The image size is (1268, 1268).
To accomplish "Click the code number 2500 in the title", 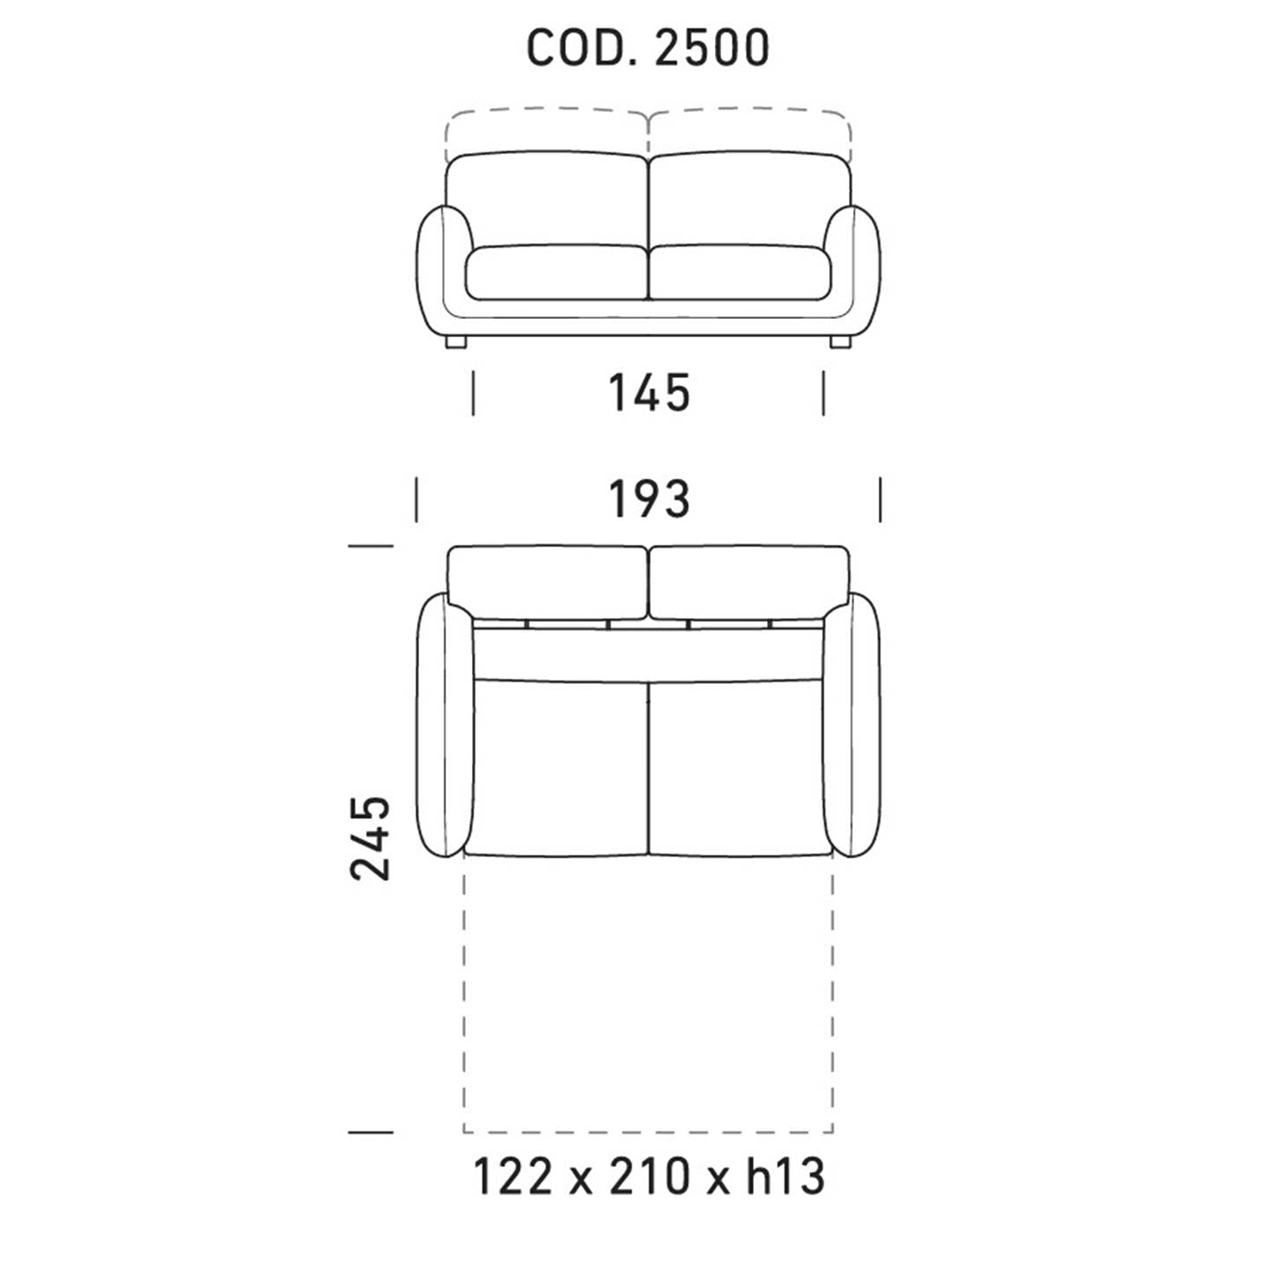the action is pyautogui.click(x=711, y=48).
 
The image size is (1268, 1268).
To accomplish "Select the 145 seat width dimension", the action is pyautogui.click(x=649, y=393).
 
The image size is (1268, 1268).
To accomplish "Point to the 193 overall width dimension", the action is pyautogui.click(x=649, y=498).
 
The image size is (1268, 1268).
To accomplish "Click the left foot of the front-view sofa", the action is pyautogui.click(x=455, y=342).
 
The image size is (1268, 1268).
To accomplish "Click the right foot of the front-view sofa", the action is pyautogui.click(x=840, y=342).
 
